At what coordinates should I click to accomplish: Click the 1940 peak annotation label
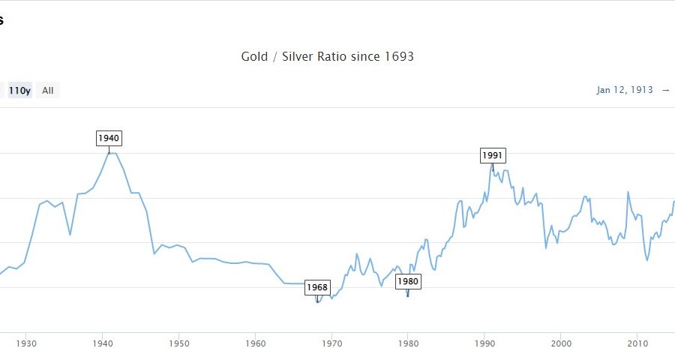point(109,138)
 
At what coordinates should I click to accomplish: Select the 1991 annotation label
point(493,155)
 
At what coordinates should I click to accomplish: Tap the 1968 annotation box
point(317,287)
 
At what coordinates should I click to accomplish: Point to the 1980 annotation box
point(408,282)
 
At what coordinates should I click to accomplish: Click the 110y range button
point(19,91)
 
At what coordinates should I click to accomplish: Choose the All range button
point(48,91)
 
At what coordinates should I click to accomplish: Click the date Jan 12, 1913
point(625,90)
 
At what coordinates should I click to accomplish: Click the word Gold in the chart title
point(254,57)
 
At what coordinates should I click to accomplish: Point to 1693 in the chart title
point(398,57)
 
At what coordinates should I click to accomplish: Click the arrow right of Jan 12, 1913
point(665,90)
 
